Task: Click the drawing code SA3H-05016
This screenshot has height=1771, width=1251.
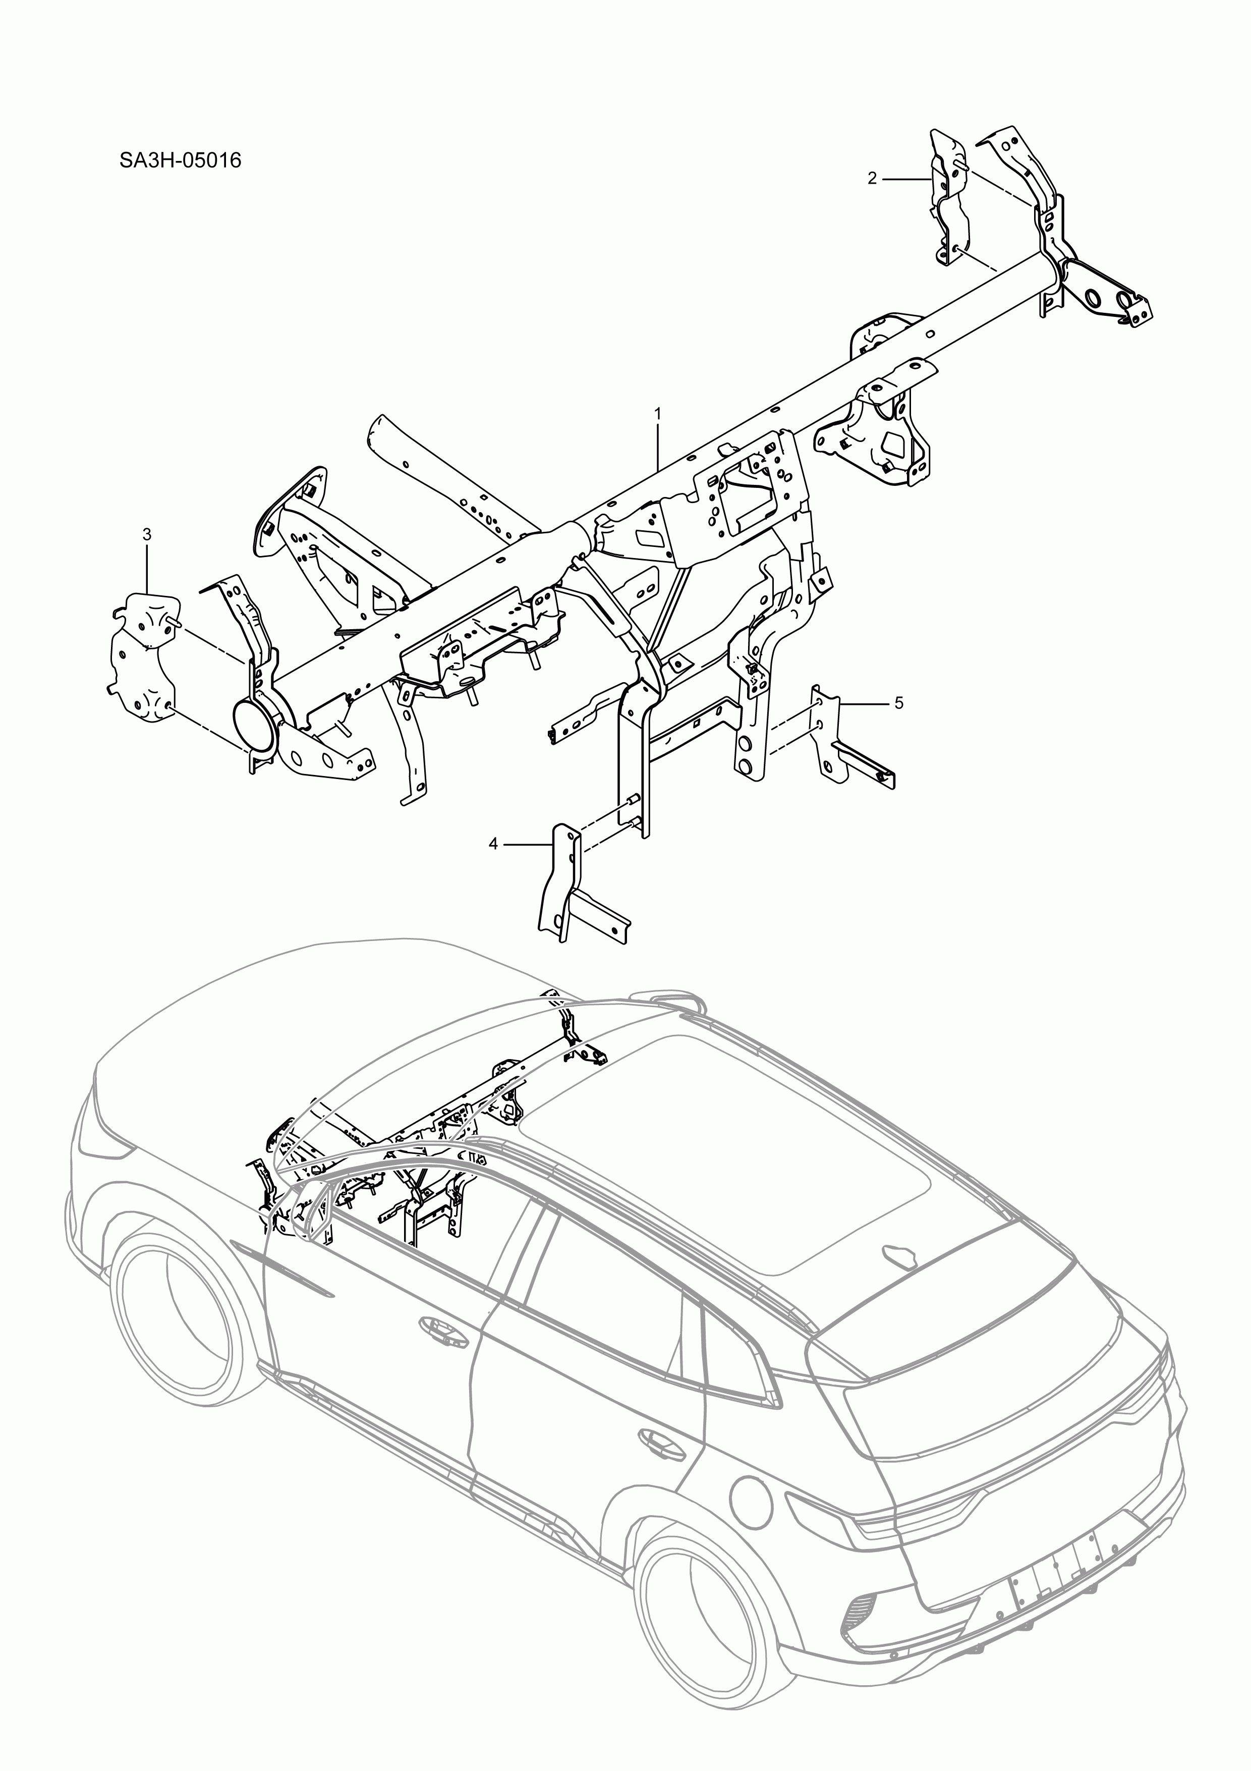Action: (x=181, y=160)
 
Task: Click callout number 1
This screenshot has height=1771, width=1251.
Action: (x=657, y=413)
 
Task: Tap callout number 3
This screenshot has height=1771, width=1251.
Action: (x=147, y=534)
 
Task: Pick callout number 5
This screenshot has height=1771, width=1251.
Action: (x=898, y=703)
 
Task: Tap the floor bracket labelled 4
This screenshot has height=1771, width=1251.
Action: (x=567, y=887)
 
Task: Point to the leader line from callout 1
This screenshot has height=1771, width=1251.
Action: (x=657, y=448)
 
